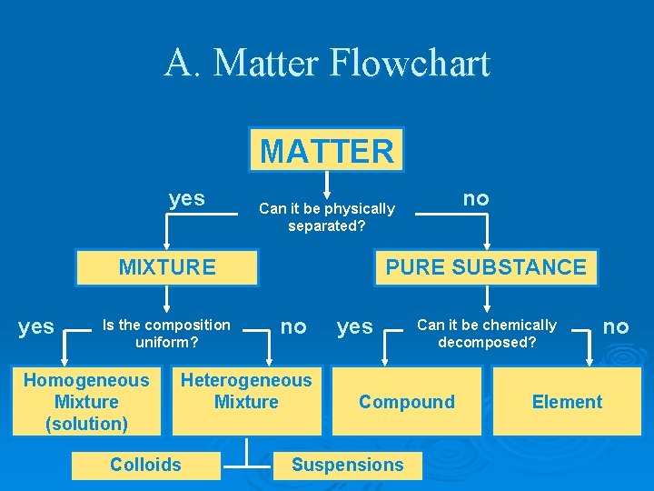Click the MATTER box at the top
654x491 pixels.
pyautogui.click(x=327, y=150)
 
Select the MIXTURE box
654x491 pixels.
pyautogui.click(x=167, y=267)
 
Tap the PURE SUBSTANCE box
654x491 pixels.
pyautogui.click(x=486, y=267)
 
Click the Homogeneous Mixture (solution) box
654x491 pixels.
pyautogui.click(x=86, y=402)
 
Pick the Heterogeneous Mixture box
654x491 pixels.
pyautogui.click(x=246, y=392)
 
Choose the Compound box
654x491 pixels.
pyautogui.click(x=407, y=402)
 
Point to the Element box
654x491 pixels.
pyautogui.click(x=567, y=402)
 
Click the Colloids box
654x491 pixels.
pyautogui.click(x=145, y=465)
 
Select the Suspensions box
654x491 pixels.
pyautogui.click(x=347, y=465)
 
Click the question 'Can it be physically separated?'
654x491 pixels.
pyautogui.click(x=327, y=217)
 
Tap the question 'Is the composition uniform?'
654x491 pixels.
pyautogui.click(x=166, y=334)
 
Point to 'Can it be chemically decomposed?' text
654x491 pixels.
pyautogui.click(x=487, y=334)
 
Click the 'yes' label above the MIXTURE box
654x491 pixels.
pyautogui.click(x=187, y=198)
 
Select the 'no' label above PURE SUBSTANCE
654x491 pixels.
pyautogui.click(x=476, y=198)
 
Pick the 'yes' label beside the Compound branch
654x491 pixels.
pyautogui.click(x=355, y=326)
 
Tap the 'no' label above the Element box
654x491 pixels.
pyautogui.click(x=616, y=326)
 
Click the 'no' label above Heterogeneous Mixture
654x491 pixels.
pyautogui.click(x=293, y=326)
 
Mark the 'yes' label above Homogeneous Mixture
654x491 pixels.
pyautogui.click(x=36, y=326)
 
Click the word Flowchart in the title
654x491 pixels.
pyautogui.click(x=410, y=64)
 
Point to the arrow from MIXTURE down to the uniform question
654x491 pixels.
pyautogui.click(x=167, y=299)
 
